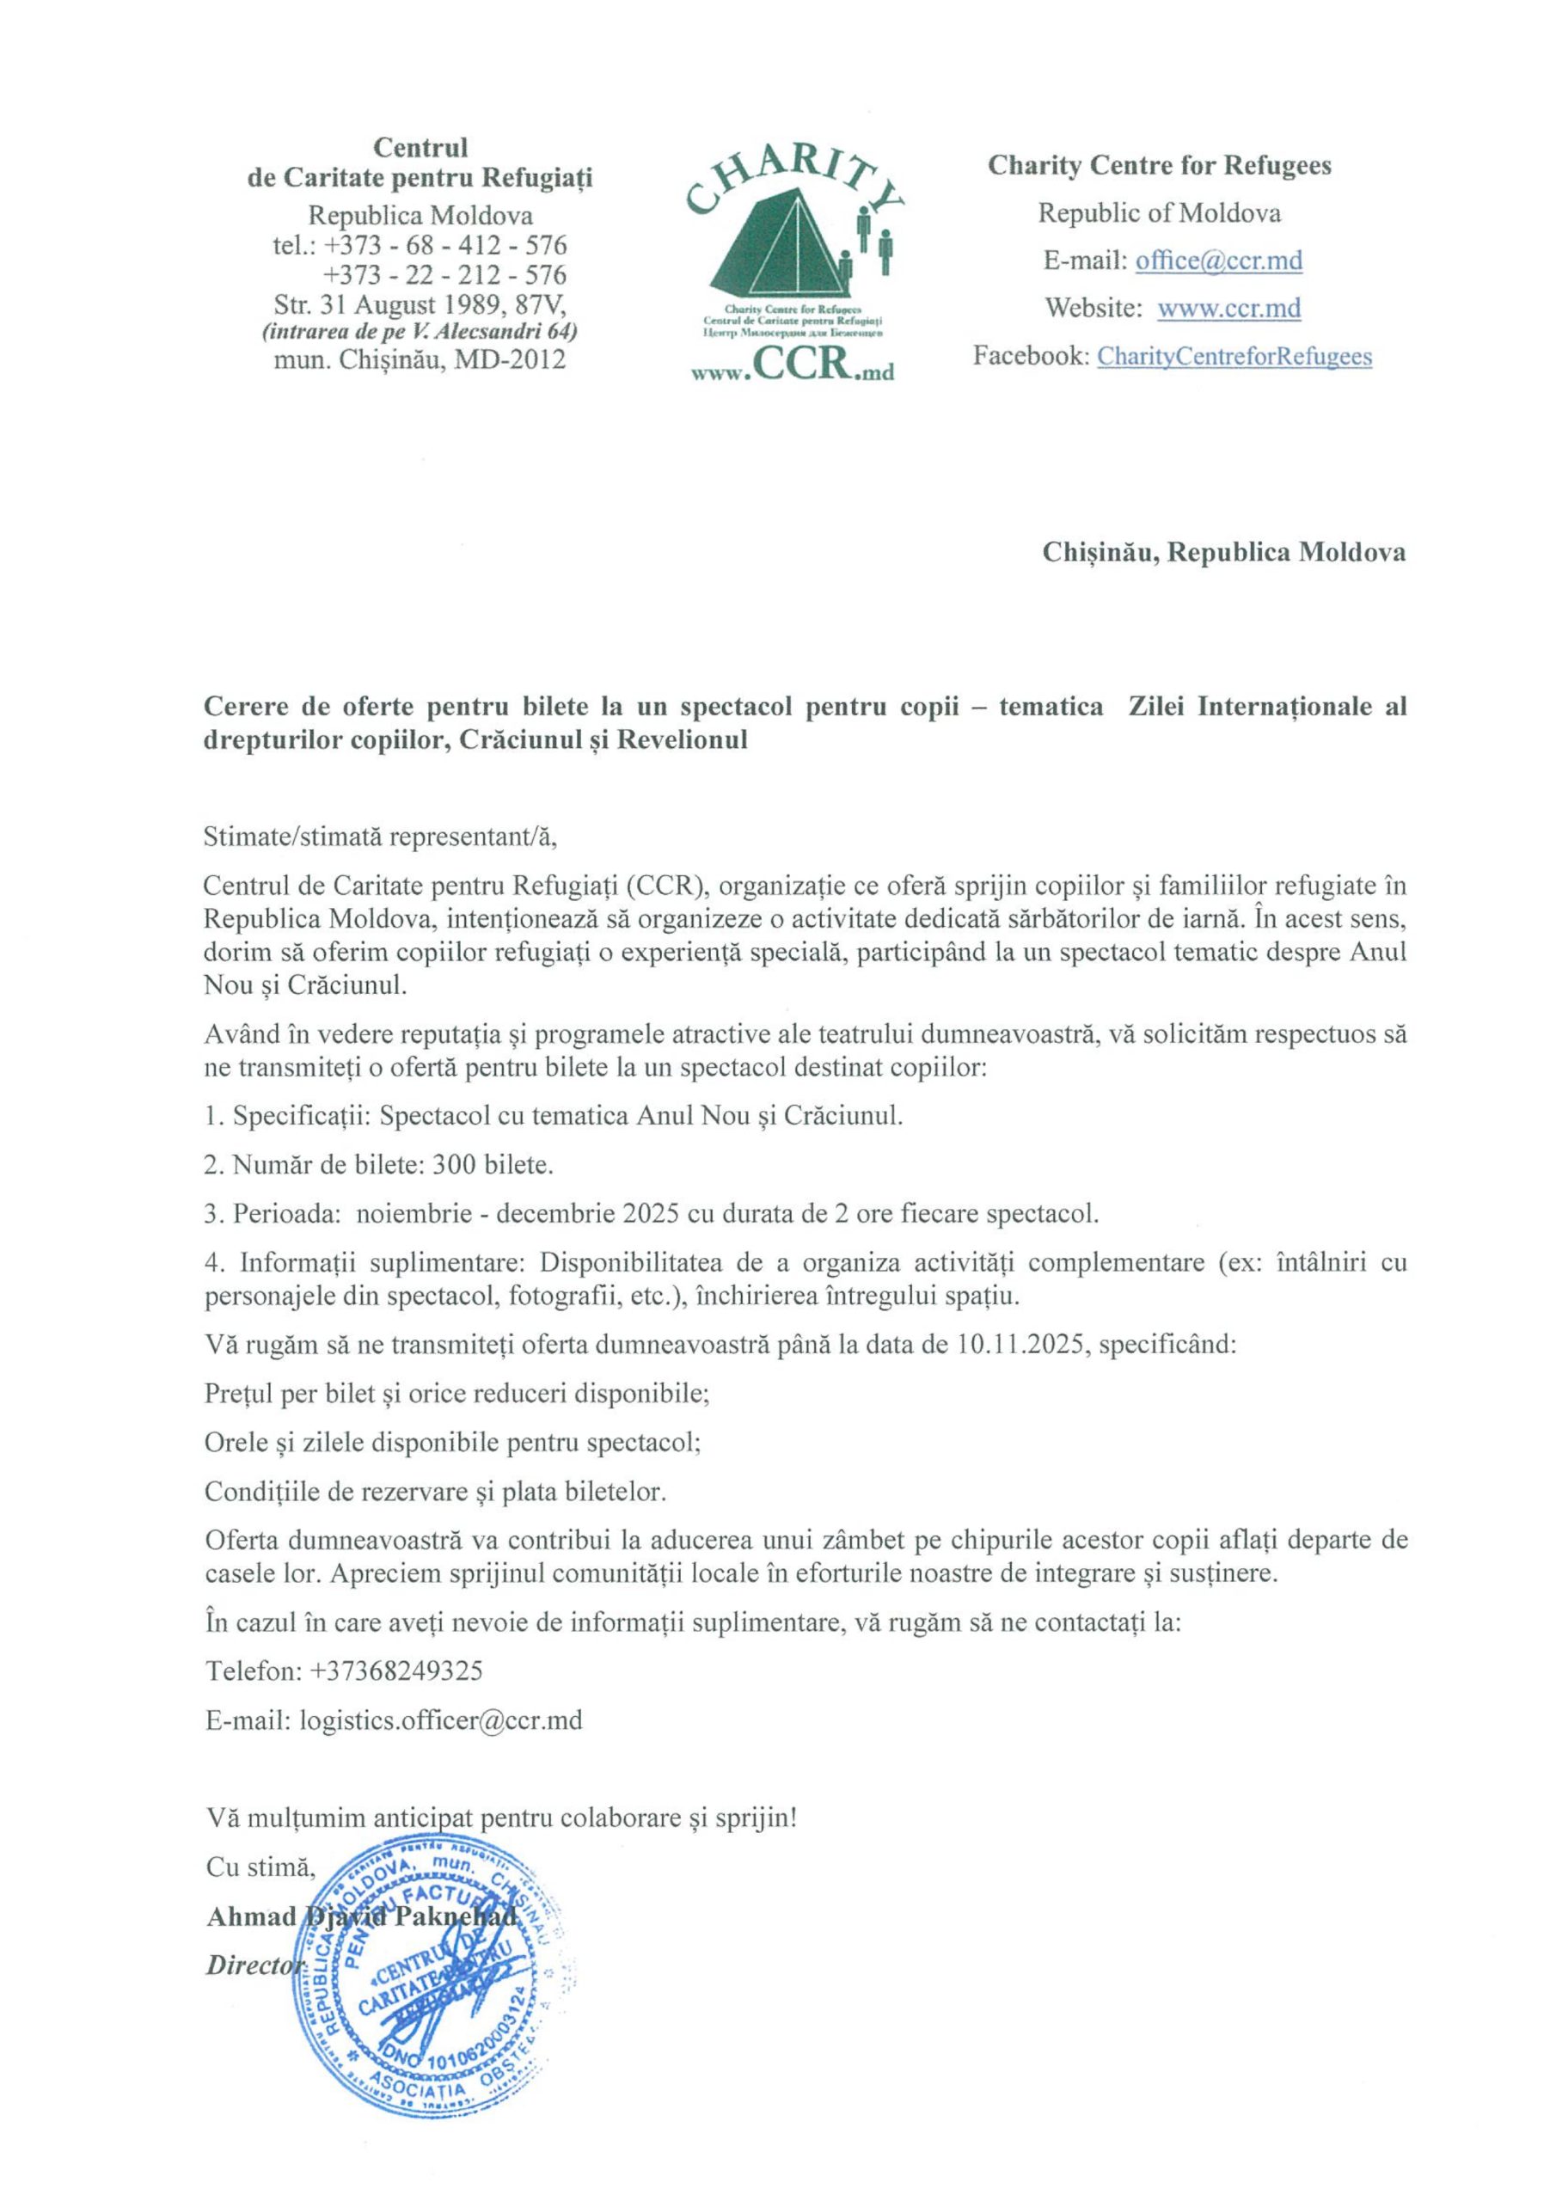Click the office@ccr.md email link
click(x=1218, y=261)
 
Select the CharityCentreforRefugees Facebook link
click(x=1234, y=357)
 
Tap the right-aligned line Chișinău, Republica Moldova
click(x=1223, y=553)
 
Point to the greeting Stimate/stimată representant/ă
click(x=381, y=837)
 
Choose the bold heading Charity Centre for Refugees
click(x=1159, y=166)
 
